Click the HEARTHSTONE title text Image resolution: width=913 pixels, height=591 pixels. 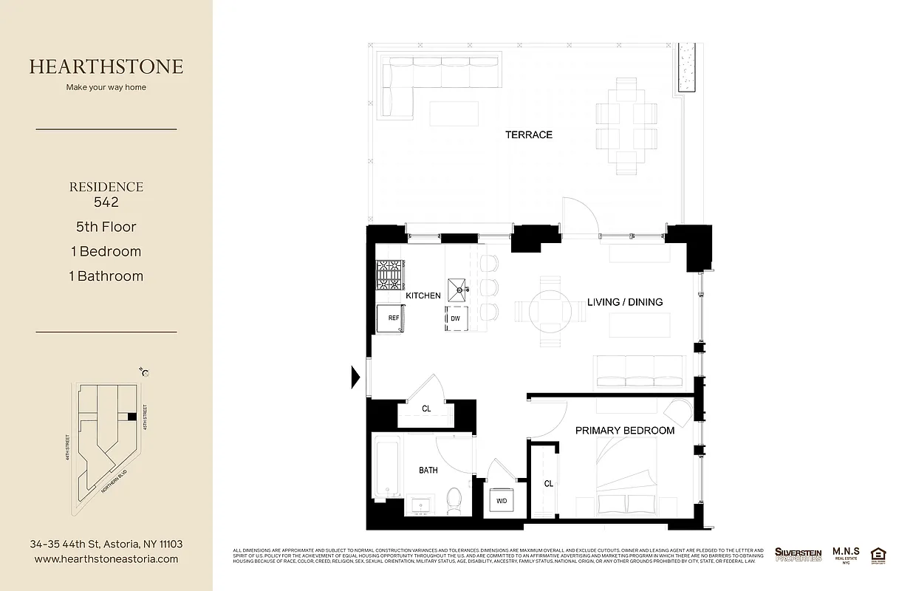(106, 66)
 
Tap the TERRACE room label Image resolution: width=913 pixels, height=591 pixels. (528, 134)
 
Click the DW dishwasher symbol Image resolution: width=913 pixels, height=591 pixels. (456, 318)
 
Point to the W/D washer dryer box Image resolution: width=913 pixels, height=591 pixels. (502, 501)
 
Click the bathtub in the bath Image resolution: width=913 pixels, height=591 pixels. (387, 467)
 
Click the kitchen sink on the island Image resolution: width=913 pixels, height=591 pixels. (459, 287)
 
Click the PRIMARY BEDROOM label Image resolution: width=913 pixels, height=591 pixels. (624, 431)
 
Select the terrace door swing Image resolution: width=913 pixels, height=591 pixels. (578, 217)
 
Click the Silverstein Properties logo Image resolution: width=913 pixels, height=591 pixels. (798, 554)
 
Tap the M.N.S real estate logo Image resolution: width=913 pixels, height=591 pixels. (845, 555)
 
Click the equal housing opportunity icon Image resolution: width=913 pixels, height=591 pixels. (878, 554)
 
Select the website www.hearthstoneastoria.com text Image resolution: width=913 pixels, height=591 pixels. (106, 559)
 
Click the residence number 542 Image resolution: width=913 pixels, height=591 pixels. (106, 202)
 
